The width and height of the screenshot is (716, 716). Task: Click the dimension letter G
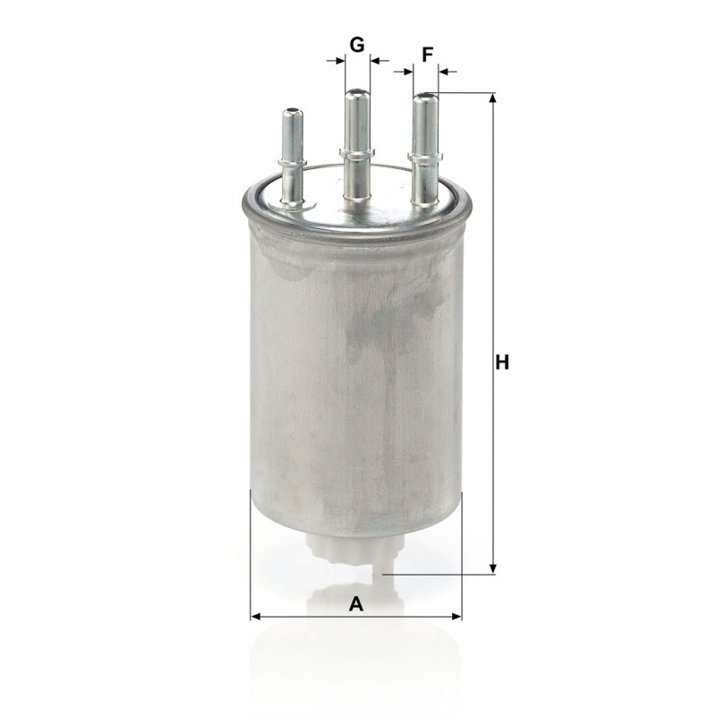[x=357, y=45]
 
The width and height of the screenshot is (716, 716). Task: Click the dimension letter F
[x=427, y=55]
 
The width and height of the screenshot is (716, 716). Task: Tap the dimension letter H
[x=502, y=362]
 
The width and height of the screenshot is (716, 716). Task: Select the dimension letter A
[x=355, y=603]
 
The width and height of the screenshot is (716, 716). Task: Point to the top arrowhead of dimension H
[x=492, y=98]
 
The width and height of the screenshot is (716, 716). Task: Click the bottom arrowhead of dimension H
[x=492, y=569]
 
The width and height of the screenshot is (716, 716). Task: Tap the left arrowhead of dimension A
[x=256, y=617]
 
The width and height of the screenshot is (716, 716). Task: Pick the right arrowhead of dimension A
[x=456, y=617]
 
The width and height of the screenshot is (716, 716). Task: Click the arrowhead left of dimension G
[x=340, y=60]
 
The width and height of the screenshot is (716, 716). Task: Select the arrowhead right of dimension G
[x=375, y=60]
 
